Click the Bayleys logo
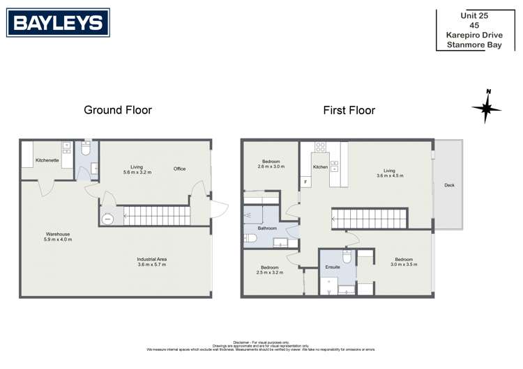click(x=59, y=22)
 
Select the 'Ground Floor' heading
click(x=118, y=110)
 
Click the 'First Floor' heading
click(x=349, y=110)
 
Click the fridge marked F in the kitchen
click(x=305, y=182)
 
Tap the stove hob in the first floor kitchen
click(x=321, y=148)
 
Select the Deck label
click(x=448, y=185)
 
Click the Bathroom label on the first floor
click(x=268, y=228)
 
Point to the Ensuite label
click(x=331, y=267)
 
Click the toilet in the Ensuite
click(x=346, y=257)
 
